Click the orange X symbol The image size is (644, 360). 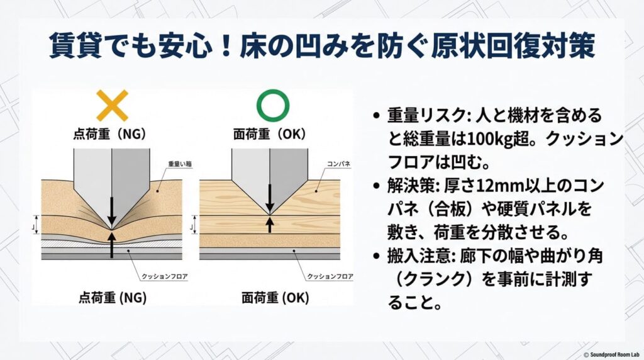[x=113, y=105]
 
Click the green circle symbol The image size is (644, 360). [x=273, y=105]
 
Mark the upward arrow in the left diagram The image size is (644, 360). [x=111, y=244]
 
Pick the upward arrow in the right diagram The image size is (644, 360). [x=270, y=224]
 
